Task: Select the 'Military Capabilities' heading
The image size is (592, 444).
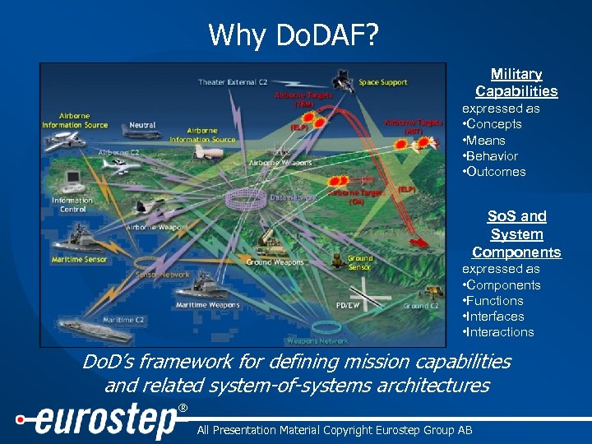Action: (516, 83)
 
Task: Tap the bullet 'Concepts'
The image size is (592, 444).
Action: (493, 124)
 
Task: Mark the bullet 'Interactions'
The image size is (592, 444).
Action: (499, 332)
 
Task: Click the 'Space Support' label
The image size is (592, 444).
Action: (382, 82)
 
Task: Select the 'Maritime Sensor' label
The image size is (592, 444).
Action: (79, 261)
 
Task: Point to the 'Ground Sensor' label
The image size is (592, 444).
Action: (359, 262)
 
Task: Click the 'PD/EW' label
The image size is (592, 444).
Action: (348, 305)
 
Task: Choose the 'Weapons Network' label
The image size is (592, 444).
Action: (317, 340)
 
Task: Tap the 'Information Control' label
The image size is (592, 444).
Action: (72, 205)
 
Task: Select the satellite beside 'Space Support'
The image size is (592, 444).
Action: (340, 80)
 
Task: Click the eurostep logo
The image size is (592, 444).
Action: (99, 421)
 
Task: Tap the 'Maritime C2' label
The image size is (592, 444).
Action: (124, 320)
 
